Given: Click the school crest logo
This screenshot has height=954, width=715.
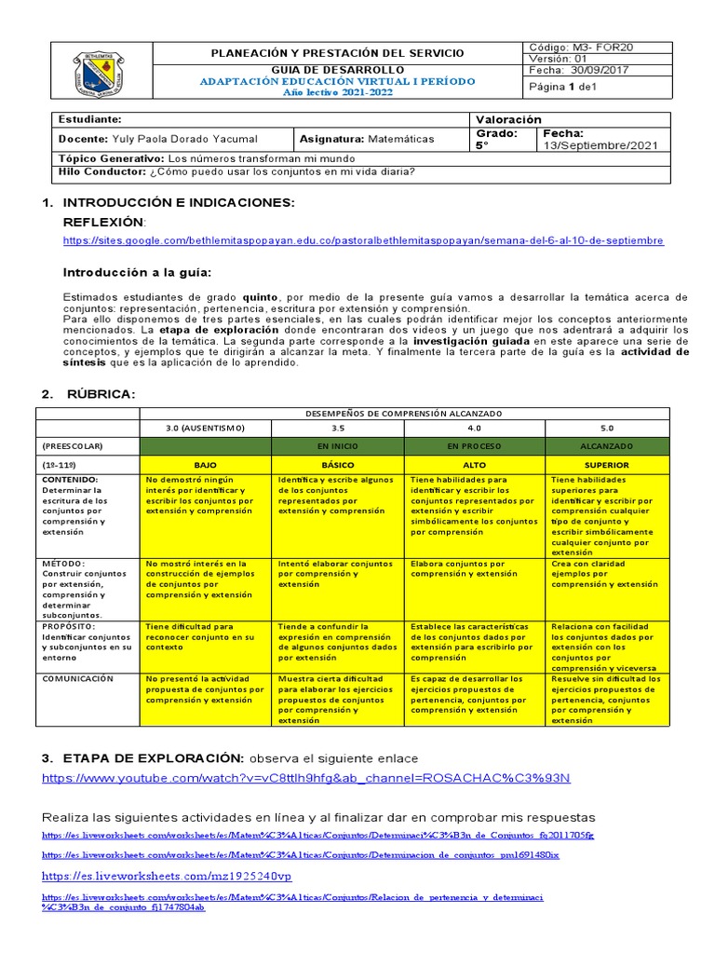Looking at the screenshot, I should coord(100,73).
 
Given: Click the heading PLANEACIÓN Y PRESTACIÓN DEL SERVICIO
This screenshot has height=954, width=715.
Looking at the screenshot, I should coord(337,53).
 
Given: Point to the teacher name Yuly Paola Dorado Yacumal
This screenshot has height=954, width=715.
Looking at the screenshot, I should coord(173,139).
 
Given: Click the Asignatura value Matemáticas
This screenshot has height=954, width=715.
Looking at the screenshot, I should coord(400,139).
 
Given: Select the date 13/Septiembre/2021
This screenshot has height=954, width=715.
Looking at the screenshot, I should coord(602,145).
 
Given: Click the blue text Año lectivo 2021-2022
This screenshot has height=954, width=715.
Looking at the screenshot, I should coord(337,92).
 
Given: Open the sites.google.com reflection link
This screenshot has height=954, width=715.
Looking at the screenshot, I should coord(363,239).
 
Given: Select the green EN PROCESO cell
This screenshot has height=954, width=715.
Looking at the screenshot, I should coord(474,446).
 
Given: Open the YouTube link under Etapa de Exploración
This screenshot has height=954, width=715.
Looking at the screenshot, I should coord(306,778).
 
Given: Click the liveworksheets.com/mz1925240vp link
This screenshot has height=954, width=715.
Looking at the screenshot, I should coord(167,877).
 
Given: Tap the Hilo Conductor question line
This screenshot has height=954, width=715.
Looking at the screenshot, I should coord(236,171).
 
